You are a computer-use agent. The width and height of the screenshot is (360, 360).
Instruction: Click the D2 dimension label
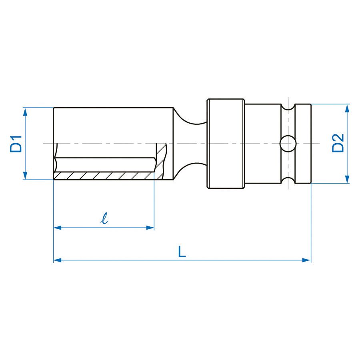(338, 143)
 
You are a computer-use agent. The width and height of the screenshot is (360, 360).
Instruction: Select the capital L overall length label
(182, 252)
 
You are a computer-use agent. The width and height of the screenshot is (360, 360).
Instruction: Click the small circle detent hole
(288, 144)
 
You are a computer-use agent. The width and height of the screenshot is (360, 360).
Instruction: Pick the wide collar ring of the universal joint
(225, 144)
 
